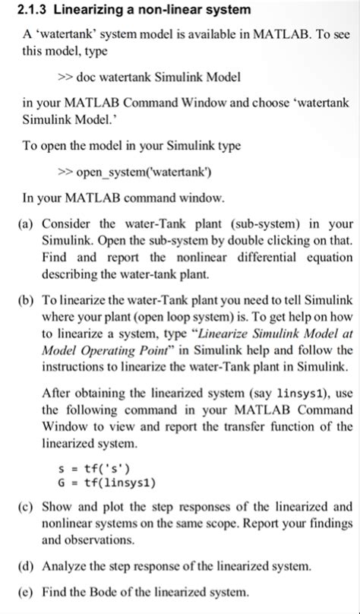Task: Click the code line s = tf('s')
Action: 93,467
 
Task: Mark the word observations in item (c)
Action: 92,540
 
